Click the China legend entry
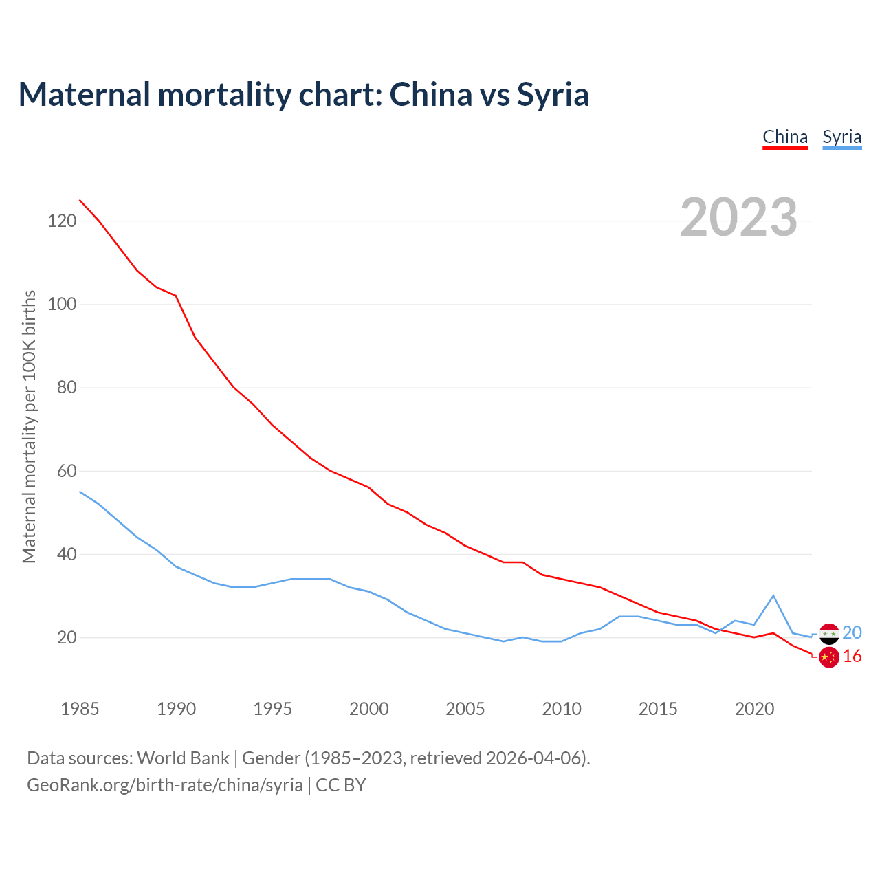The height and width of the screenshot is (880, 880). [x=785, y=137]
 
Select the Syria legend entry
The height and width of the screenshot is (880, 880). [x=841, y=137]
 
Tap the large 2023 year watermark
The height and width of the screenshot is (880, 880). [x=738, y=217]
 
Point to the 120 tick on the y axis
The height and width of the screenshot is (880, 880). [x=62, y=221]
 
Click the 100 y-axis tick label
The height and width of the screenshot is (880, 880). [x=62, y=304]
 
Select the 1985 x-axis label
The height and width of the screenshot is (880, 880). [x=80, y=709]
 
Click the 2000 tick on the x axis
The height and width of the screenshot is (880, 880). [x=369, y=709]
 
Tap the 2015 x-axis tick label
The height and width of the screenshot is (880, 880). [x=658, y=709]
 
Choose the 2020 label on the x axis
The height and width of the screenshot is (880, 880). [x=754, y=709]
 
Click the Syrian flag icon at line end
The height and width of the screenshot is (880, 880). [x=829, y=633]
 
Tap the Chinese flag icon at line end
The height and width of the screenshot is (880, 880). [x=829, y=657]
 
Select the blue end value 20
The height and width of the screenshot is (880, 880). [x=852, y=632]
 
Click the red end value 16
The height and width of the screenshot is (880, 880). [x=852, y=657]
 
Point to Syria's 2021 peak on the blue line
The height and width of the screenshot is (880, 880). [x=773, y=595]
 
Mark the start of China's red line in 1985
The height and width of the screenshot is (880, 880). [x=80, y=200]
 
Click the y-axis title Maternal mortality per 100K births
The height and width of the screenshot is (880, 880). [x=29, y=426]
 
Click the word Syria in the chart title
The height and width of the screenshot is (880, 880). [x=553, y=94]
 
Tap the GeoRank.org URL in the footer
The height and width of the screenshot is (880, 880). [x=165, y=784]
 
